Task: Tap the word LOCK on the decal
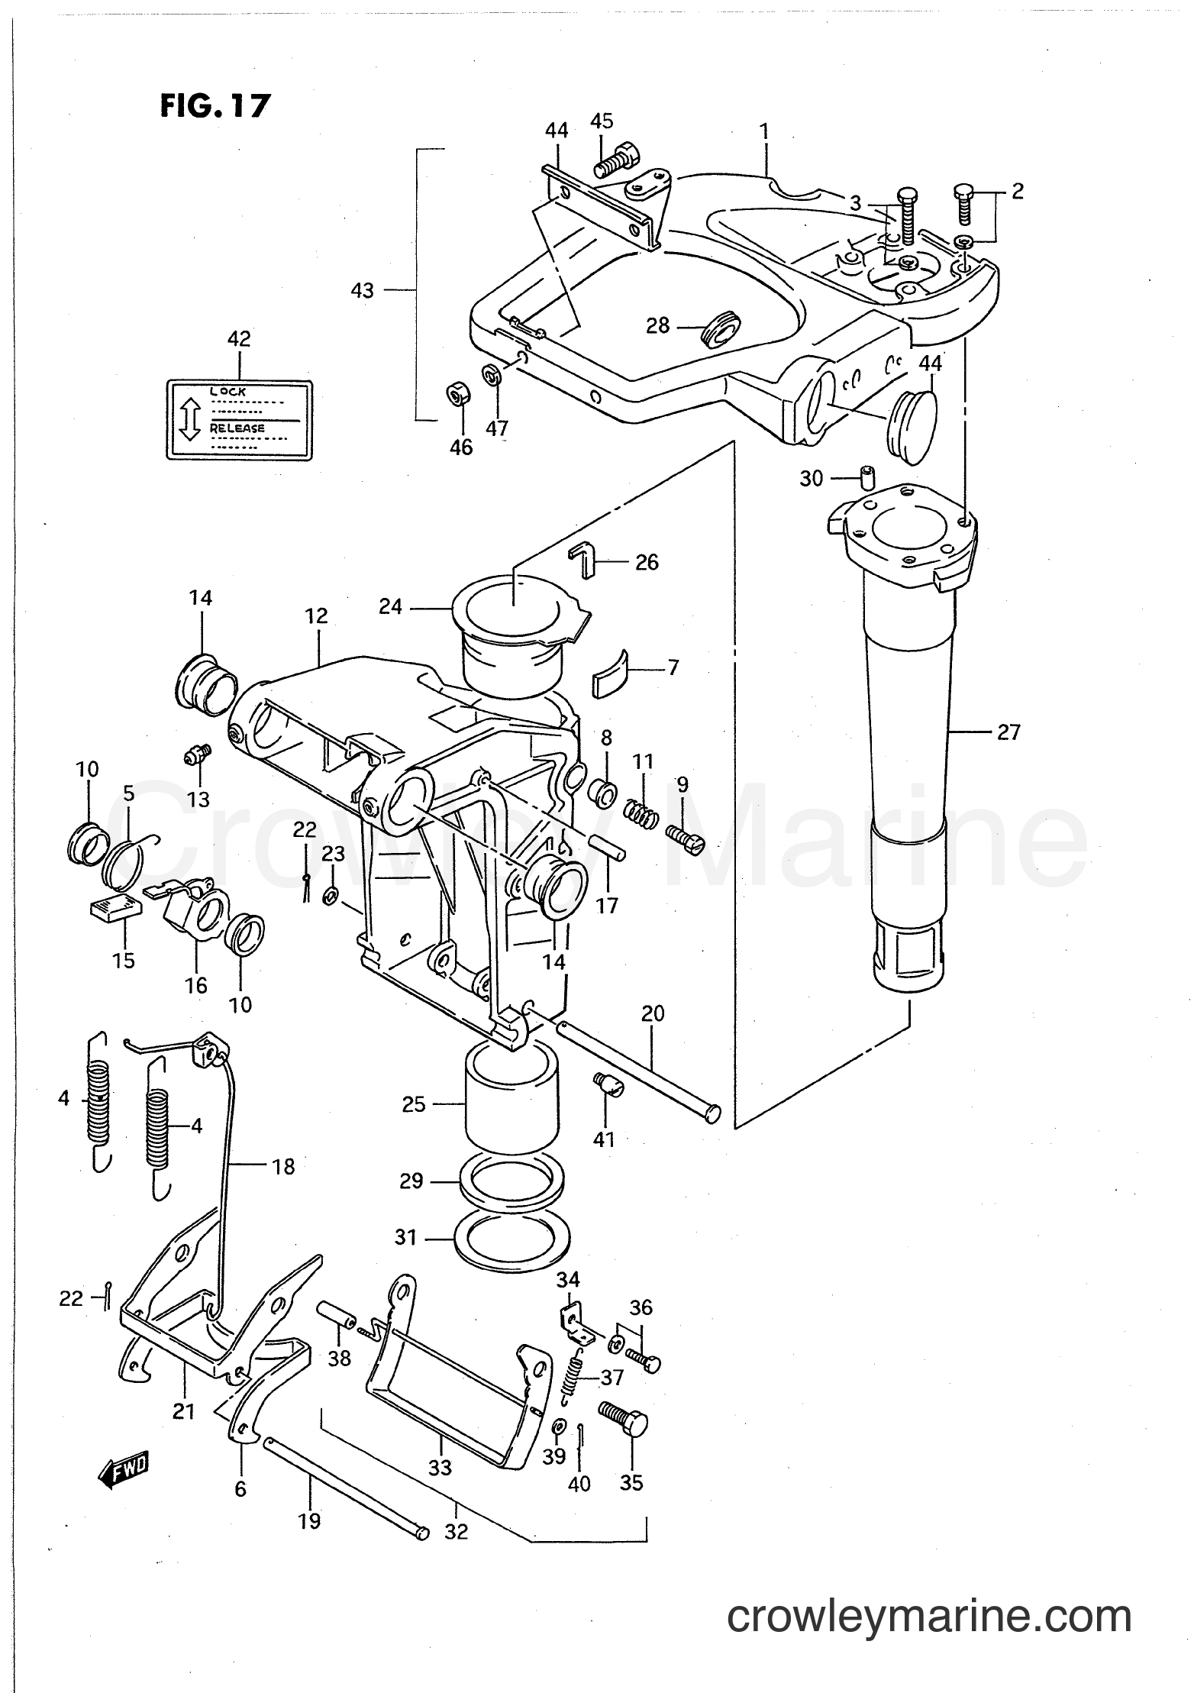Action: pyautogui.click(x=228, y=392)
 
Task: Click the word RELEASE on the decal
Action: pyautogui.click(x=237, y=428)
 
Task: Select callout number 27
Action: pyautogui.click(x=1008, y=732)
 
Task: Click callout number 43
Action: pyautogui.click(x=363, y=290)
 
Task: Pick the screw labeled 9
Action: pyautogui.click(x=686, y=835)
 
